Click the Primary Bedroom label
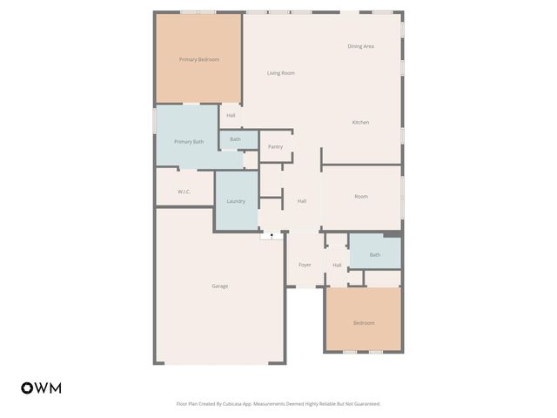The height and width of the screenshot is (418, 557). click(x=198, y=59)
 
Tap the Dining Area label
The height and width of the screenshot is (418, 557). click(x=360, y=46)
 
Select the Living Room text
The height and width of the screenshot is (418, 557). click(x=280, y=73)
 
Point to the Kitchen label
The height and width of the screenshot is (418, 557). click(x=360, y=122)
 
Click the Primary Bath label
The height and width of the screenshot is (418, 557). click(x=189, y=141)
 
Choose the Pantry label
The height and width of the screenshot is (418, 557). click(x=275, y=146)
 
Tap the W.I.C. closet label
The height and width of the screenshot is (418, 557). click(x=184, y=192)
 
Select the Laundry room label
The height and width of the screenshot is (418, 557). click(x=236, y=201)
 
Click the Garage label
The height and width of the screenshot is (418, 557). click(x=220, y=286)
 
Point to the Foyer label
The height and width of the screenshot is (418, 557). click(x=305, y=265)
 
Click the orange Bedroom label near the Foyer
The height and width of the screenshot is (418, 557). click(x=363, y=323)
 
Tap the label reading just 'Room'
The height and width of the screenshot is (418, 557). click(x=361, y=197)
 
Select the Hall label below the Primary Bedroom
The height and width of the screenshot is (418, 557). click(x=231, y=116)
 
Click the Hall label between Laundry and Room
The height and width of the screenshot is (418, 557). click(x=302, y=201)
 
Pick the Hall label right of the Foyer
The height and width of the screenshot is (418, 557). click(x=336, y=265)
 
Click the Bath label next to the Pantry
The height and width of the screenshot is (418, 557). click(x=235, y=139)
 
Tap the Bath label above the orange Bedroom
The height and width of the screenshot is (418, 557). click(x=374, y=255)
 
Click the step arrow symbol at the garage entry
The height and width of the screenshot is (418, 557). click(x=272, y=234)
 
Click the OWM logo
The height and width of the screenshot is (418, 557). click(x=41, y=388)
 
